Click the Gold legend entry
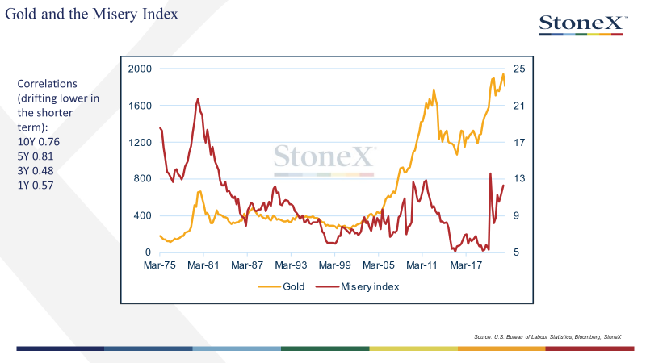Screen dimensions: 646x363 (281, 286)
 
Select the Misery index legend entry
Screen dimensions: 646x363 (357, 286)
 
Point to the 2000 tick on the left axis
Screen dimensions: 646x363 (140, 69)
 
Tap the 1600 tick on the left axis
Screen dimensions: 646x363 (140, 106)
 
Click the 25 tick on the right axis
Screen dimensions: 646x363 (519, 69)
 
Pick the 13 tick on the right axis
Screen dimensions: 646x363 (519, 178)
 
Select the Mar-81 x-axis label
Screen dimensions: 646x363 (203, 265)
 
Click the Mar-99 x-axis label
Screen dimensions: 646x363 (334, 265)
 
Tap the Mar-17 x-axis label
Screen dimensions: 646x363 (466, 265)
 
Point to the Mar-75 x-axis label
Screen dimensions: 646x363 (159, 265)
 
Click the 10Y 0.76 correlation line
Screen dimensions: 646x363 (38, 142)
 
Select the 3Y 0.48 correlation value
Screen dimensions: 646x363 (36, 171)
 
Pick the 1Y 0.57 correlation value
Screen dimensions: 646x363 (36, 186)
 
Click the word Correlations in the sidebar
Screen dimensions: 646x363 (48, 84)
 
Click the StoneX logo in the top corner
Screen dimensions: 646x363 (583, 25)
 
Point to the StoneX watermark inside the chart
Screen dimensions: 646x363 (325, 160)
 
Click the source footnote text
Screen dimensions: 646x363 (547, 336)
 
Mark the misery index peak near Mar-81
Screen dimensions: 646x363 (198, 98)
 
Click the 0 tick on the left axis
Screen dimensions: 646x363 (148, 252)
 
